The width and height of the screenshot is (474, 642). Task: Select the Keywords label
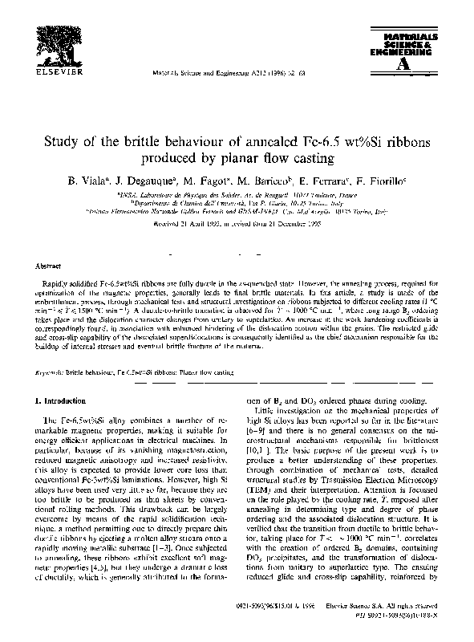tap(47, 372)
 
